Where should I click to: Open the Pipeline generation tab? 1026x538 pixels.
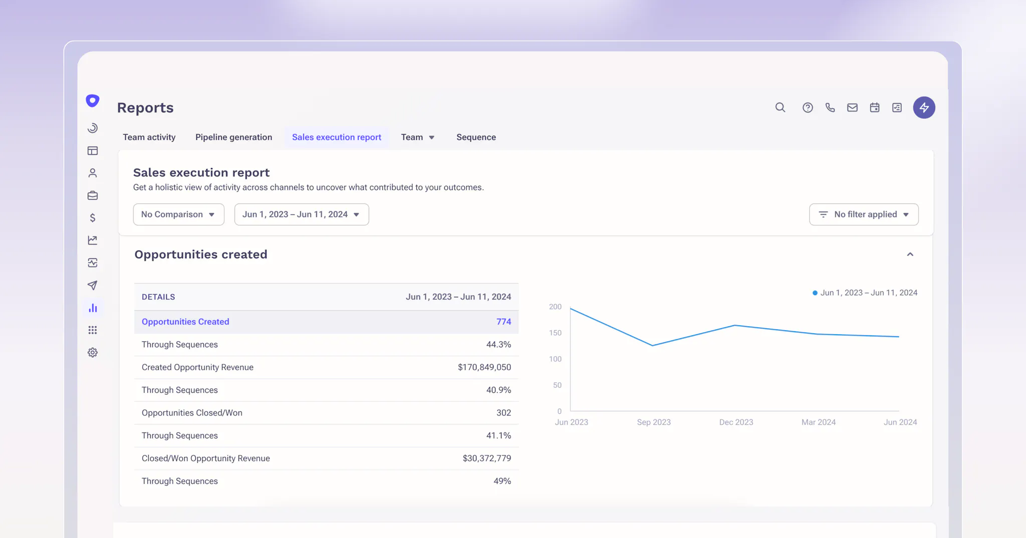(233, 137)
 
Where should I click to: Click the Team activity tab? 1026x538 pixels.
(149, 137)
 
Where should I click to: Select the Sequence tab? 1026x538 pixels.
(476, 137)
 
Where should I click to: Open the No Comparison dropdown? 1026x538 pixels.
(178, 214)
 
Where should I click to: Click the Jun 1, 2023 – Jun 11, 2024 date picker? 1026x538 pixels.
(301, 214)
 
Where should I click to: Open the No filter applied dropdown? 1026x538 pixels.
(864, 214)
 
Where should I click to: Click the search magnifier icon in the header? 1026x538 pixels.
(780, 108)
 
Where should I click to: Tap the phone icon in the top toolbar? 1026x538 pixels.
(830, 108)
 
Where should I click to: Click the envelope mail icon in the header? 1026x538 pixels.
(852, 108)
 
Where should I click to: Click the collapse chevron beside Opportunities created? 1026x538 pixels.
(910, 255)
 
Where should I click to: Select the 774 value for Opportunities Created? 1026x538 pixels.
(503, 322)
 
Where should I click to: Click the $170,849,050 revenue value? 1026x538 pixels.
(484, 367)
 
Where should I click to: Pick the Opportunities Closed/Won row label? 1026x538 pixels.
(192, 413)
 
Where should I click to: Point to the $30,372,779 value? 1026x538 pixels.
(486, 458)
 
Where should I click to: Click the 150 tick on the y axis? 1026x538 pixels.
(555, 333)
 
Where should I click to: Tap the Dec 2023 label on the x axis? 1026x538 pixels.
(736, 422)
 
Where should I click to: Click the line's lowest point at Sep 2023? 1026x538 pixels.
(652, 345)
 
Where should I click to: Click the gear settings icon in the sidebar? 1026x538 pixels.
(93, 352)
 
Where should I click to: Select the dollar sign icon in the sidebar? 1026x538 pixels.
(93, 218)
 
